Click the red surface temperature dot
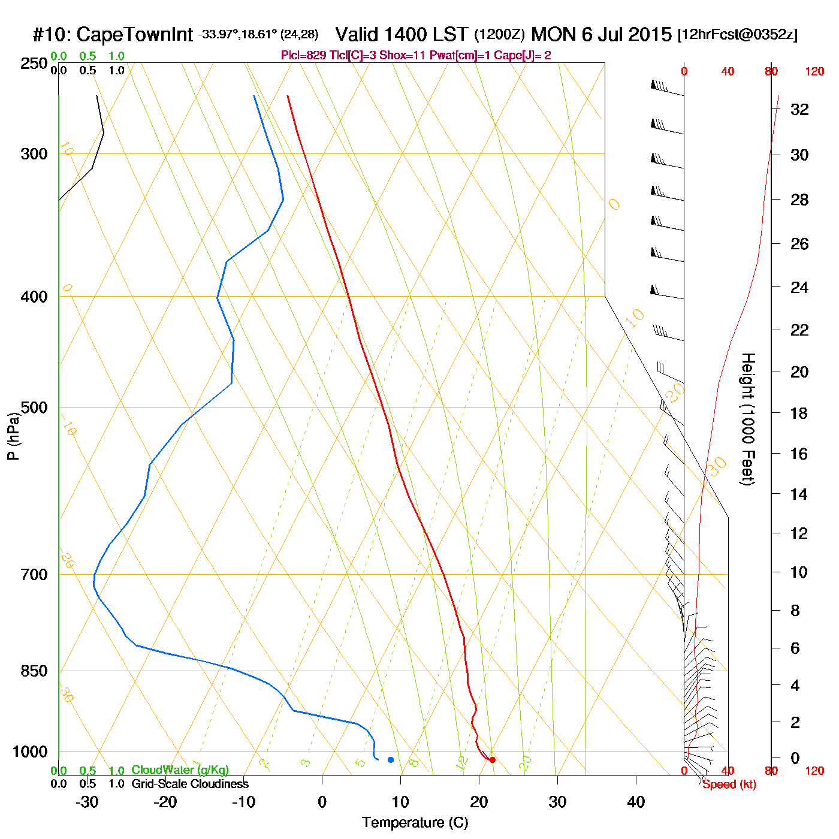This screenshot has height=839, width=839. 492,760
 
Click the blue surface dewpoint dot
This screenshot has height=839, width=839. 391,760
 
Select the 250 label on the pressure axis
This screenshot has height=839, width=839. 34,64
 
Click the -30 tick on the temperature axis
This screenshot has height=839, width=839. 87,802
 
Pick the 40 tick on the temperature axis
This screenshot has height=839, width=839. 636,802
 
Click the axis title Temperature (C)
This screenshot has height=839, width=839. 415,823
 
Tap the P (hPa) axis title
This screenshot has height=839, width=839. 13,436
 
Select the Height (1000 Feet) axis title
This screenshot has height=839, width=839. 747,419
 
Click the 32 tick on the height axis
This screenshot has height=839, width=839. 799,109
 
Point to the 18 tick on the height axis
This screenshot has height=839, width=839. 799,413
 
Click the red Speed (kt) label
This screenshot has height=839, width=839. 729,784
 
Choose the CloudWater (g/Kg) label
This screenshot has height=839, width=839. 180,770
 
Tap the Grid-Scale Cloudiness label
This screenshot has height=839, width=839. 190,784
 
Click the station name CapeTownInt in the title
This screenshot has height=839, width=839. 135,35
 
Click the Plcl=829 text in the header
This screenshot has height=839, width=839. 303,56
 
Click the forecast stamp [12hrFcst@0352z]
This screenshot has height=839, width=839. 737,35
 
